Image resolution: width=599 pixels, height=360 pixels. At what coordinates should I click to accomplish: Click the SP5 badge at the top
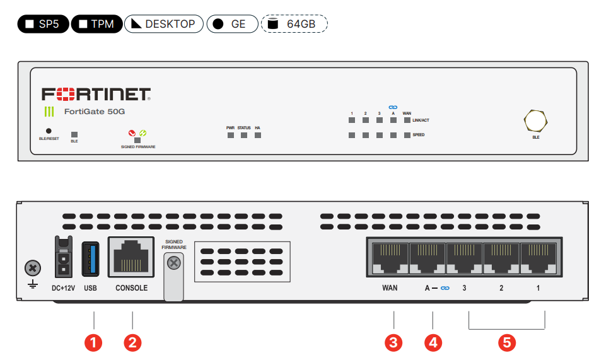[x=43, y=24]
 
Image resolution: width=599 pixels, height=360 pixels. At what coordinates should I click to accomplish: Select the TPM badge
[x=96, y=24]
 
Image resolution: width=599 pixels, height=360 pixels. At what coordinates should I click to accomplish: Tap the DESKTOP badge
[x=163, y=24]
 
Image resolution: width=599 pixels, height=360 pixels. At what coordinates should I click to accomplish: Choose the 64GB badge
[x=294, y=24]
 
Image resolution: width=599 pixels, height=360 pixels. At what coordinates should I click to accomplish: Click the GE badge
[x=231, y=24]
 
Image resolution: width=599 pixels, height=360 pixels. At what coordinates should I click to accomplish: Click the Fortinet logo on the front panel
[x=96, y=95]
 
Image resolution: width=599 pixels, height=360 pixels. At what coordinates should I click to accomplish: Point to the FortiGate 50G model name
[x=95, y=112]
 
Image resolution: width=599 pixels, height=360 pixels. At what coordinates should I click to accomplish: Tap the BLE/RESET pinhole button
[x=49, y=131]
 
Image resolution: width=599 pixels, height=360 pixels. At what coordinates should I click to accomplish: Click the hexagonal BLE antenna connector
[x=535, y=120]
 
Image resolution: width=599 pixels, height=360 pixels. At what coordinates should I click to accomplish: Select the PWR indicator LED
[x=230, y=135]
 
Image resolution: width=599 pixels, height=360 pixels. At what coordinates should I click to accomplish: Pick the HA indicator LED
[x=257, y=135]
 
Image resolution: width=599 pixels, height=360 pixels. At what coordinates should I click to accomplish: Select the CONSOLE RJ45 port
[x=131, y=258]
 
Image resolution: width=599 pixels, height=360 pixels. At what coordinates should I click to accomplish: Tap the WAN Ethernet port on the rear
[x=390, y=258]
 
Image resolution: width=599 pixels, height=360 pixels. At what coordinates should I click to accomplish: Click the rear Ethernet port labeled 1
[x=538, y=258]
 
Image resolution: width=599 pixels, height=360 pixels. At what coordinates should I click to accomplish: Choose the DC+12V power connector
[x=63, y=257]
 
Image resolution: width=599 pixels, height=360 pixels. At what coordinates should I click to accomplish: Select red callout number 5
[x=506, y=342]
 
